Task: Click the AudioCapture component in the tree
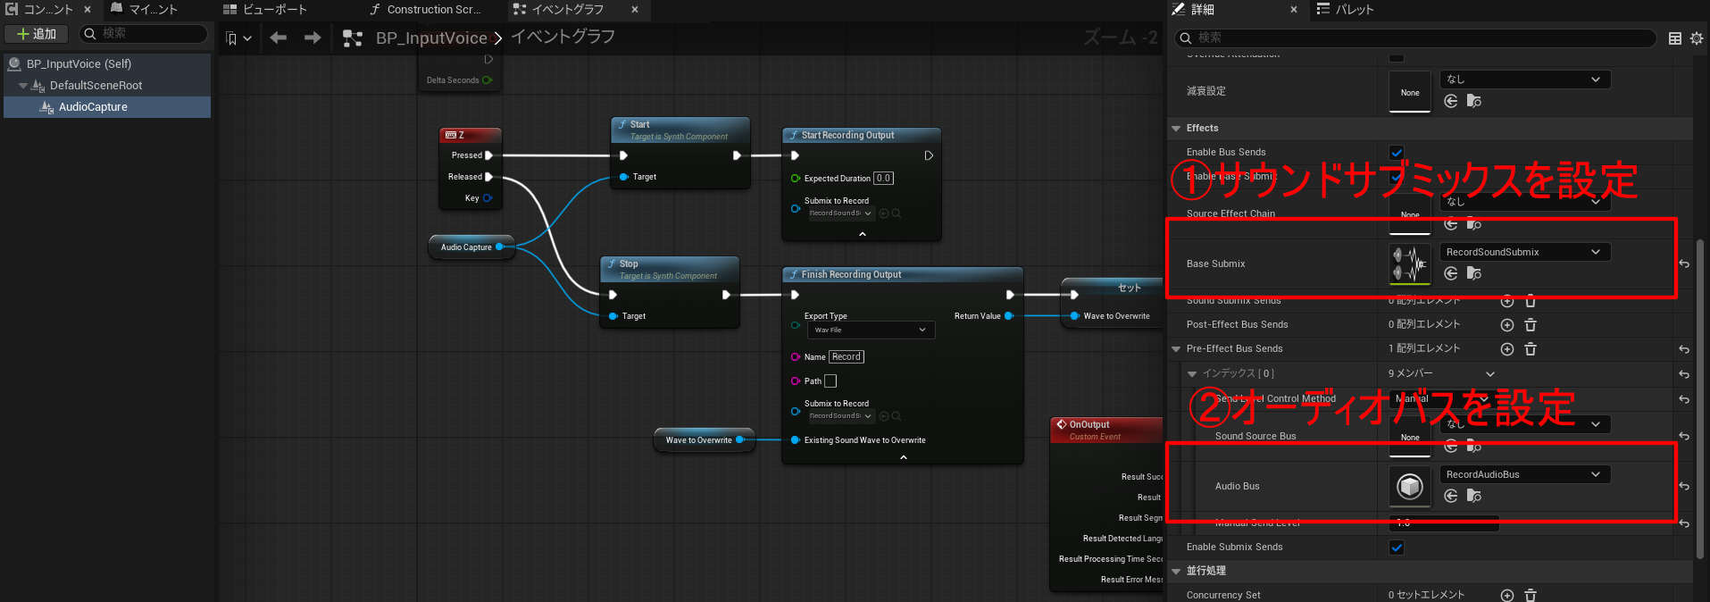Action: point(93,107)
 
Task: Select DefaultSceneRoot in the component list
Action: point(96,86)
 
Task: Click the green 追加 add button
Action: point(37,34)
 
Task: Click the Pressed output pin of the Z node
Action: point(488,155)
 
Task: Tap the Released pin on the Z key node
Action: point(488,177)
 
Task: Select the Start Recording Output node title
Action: point(847,136)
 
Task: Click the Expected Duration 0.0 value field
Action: point(883,179)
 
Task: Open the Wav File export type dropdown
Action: point(870,330)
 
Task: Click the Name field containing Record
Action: point(847,357)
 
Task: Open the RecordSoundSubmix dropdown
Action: point(1524,253)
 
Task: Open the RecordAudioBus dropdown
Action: point(1524,475)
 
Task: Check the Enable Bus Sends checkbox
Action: point(1397,153)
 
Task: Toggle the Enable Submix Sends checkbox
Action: point(1397,548)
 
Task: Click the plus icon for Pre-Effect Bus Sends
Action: point(1507,349)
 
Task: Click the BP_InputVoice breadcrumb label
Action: point(431,38)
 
